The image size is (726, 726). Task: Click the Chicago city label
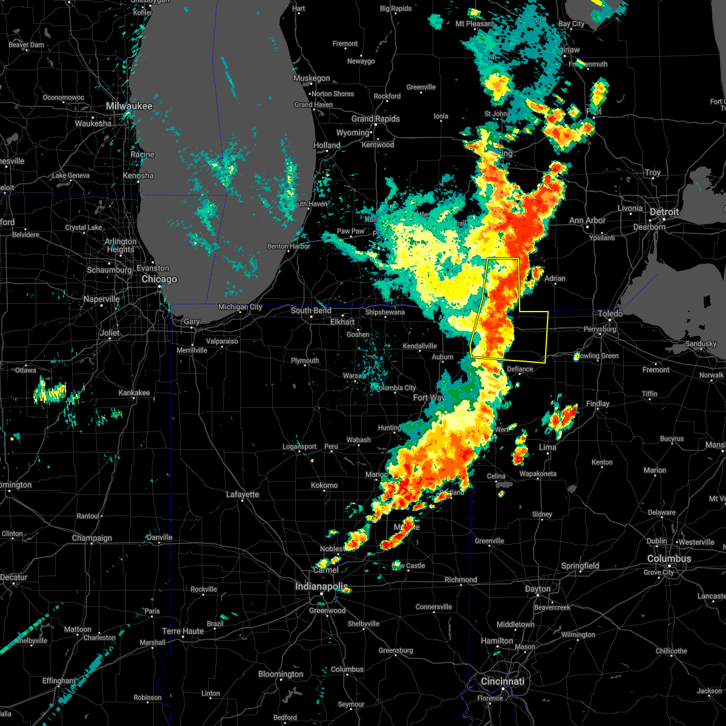pos(159,279)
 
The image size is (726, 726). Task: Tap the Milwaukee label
pos(129,106)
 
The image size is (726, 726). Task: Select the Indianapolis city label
pos(322,586)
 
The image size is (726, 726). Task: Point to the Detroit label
pos(664,212)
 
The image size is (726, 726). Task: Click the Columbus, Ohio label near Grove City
pos(669,558)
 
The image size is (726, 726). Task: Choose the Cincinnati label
pos(502,681)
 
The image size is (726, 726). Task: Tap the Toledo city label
pos(610,313)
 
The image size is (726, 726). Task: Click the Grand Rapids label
pos(376,119)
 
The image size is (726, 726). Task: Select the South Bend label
pos(311,310)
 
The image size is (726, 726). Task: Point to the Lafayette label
pos(243,494)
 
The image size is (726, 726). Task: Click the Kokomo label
pos(324,485)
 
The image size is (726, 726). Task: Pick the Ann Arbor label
pos(587,220)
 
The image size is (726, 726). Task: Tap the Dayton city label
pos(538,589)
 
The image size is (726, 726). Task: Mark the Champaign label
pos(92,538)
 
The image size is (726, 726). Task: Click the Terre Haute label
pos(183,631)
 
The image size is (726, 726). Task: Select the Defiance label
pos(520,369)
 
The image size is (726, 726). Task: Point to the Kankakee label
pos(134,393)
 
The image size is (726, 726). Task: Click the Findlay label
pos(598,404)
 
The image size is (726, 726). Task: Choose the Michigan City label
pos(240,307)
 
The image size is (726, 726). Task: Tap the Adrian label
pos(555,278)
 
